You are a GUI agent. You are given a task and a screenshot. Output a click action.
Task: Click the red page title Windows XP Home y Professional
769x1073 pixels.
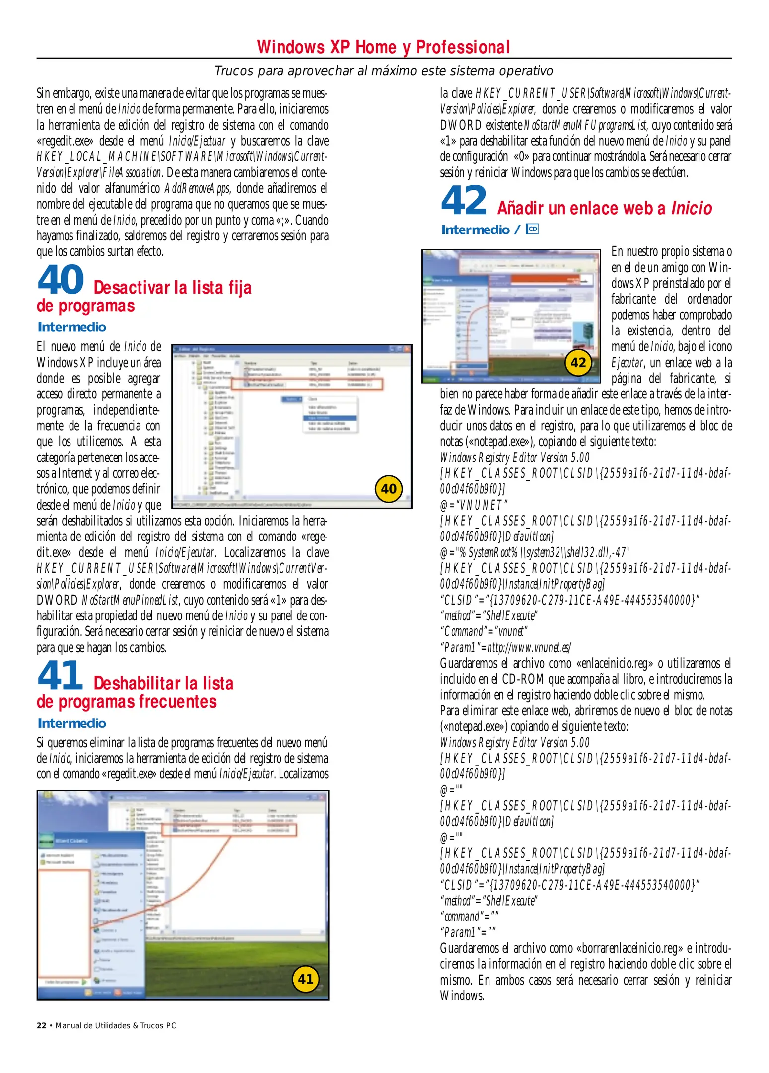383,47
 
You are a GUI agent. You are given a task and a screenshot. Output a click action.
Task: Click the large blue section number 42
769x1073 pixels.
464,200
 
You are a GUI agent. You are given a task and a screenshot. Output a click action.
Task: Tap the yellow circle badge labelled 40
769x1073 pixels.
388,489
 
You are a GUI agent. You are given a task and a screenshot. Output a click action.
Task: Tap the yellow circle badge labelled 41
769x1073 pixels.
305,979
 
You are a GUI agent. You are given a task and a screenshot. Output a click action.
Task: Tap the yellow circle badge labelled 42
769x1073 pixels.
578,363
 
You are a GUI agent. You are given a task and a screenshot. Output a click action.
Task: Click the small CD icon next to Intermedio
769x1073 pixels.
532,229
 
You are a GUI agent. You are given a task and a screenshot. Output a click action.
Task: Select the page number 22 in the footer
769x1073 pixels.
42,1025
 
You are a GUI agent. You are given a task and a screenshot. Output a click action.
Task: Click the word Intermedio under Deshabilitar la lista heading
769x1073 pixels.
72,723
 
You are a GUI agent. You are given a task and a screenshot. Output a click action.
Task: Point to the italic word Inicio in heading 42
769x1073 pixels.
692,208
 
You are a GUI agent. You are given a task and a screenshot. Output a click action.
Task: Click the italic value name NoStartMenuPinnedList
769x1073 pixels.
130,600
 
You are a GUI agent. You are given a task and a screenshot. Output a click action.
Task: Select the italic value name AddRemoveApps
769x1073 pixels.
197,189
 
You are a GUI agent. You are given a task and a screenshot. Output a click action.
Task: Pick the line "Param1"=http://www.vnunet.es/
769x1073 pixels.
505,648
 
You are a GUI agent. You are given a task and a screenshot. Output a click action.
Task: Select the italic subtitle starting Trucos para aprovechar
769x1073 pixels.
383,71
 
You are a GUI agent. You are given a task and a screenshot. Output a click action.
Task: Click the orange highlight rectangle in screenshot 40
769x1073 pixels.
307,383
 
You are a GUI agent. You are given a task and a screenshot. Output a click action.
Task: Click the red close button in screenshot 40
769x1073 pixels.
408,349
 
